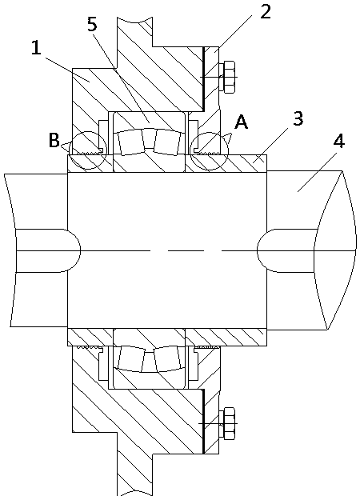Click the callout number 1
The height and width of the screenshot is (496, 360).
click(36, 48)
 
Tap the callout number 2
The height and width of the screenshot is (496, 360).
click(266, 12)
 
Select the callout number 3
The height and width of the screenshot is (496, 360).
click(298, 118)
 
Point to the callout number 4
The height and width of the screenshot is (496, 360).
click(339, 141)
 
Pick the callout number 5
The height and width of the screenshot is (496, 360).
click(92, 24)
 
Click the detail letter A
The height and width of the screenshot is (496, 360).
click(242, 122)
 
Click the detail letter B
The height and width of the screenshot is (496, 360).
click(54, 140)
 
